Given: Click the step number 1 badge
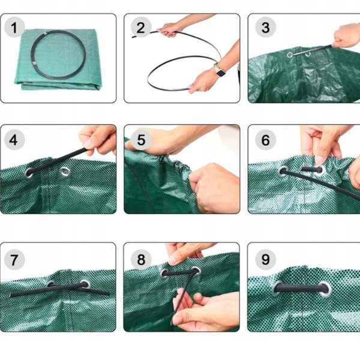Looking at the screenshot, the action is coord(14,28).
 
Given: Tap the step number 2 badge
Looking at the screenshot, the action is coord(141,28).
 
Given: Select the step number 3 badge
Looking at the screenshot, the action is coord(265,28).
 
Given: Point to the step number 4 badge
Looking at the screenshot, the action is coord(14,140).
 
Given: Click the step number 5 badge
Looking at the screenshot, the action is coord(141,140).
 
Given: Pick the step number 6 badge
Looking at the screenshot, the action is coord(265,140).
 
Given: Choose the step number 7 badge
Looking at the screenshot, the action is coord(14,259).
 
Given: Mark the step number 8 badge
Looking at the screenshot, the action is coord(141,259).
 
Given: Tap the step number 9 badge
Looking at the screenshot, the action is coord(265,259).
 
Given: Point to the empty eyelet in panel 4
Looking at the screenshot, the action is coord(65,172).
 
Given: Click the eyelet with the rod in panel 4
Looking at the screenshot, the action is coord(29,173).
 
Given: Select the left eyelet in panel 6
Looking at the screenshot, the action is coord(284,172).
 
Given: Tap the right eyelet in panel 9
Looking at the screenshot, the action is coord(326,289).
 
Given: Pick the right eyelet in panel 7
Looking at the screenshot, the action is coord(85,284).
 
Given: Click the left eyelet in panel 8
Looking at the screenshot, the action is coord(165,273).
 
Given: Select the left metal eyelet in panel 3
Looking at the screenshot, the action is coord(290,55).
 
